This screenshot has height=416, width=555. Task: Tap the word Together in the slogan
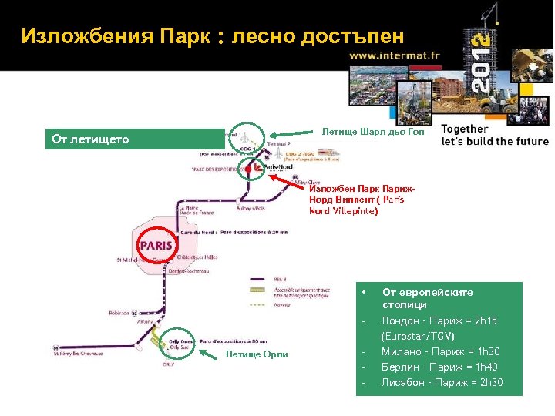pyautogui.click(x=465, y=129)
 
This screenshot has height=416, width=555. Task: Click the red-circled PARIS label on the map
pyautogui.click(x=156, y=245)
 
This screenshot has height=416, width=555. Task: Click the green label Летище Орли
pyautogui.click(x=257, y=354)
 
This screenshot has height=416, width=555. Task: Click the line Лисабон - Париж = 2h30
pyautogui.click(x=442, y=383)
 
